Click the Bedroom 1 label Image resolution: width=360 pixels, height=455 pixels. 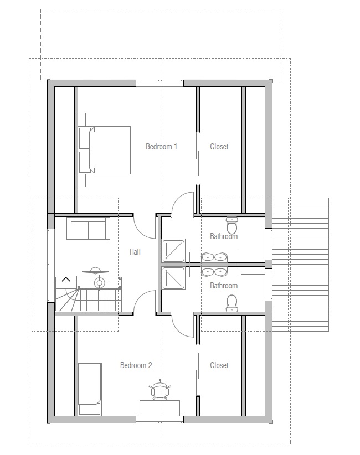point(161,147)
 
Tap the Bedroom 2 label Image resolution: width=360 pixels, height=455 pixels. point(136,365)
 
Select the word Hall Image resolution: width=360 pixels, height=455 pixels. point(135,252)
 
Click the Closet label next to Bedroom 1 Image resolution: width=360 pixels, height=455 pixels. point(219,147)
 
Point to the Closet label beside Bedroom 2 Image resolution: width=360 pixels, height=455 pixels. point(219,365)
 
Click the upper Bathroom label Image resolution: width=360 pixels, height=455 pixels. point(224,236)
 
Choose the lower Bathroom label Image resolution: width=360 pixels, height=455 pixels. point(224,286)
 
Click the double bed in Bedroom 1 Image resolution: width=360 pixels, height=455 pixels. point(105,150)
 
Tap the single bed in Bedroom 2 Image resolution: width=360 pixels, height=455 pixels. point(90,389)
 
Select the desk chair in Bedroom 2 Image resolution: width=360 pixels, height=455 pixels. point(160,390)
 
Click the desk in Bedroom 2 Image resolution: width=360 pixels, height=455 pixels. point(160,408)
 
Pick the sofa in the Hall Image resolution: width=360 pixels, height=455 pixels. point(88,229)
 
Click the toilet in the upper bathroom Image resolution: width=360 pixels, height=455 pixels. point(232,225)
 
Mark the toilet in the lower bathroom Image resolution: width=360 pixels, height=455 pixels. point(232,303)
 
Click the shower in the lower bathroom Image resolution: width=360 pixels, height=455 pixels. point(173,278)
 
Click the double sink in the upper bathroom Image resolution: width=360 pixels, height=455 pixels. point(214,257)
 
